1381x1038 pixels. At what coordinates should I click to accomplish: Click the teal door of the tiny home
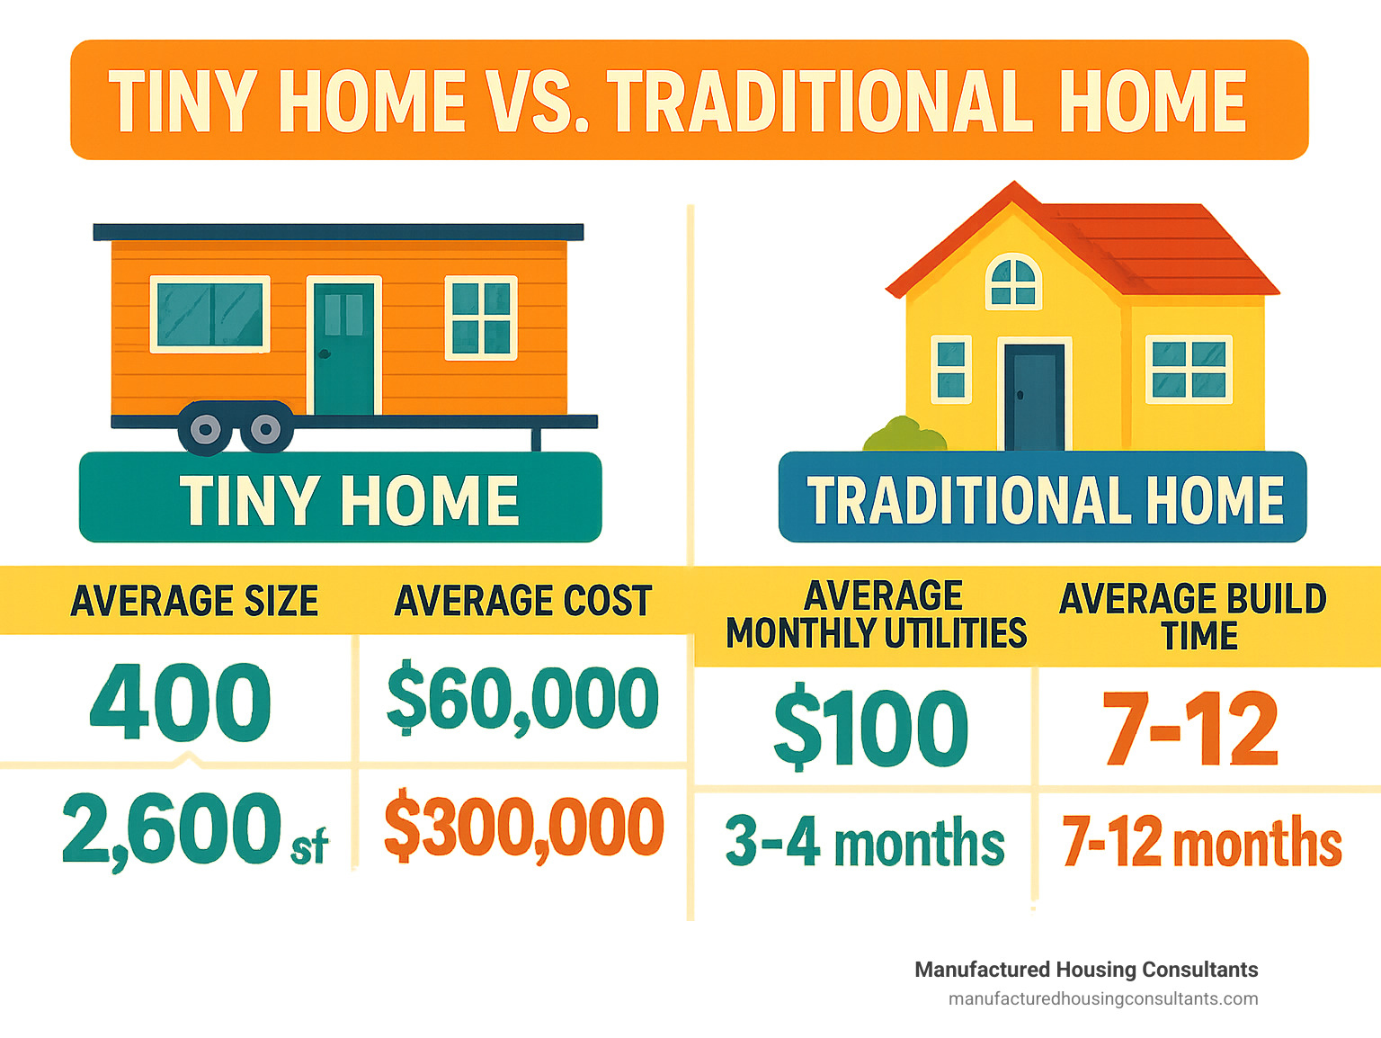click(x=343, y=348)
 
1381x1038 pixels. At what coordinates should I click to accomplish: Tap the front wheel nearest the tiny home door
click(x=265, y=429)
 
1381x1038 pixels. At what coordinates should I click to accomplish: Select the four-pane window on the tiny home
click(x=481, y=318)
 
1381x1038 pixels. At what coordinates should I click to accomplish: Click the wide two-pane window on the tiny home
click(x=210, y=314)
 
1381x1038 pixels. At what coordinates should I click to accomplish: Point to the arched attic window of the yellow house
click(x=1013, y=282)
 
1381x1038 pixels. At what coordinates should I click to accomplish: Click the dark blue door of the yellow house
click(x=1034, y=398)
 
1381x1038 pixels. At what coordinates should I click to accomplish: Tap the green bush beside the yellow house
click(x=904, y=434)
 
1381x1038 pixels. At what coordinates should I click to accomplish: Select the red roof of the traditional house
click(x=1108, y=246)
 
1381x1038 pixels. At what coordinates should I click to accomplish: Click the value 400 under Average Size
click(x=180, y=702)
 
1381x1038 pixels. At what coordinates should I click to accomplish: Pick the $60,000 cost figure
click(x=522, y=697)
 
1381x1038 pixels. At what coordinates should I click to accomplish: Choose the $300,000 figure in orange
click(x=523, y=825)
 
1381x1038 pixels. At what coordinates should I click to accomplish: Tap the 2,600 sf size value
click(x=195, y=829)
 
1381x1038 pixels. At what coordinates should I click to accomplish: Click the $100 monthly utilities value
click(x=870, y=727)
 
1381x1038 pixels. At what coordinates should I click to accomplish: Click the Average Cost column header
click(x=523, y=601)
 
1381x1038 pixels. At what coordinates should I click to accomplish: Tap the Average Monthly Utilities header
click(x=877, y=614)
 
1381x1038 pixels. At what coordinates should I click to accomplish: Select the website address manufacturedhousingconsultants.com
click(x=1103, y=999)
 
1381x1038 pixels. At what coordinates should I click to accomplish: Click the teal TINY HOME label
click(x=341, y=497)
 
